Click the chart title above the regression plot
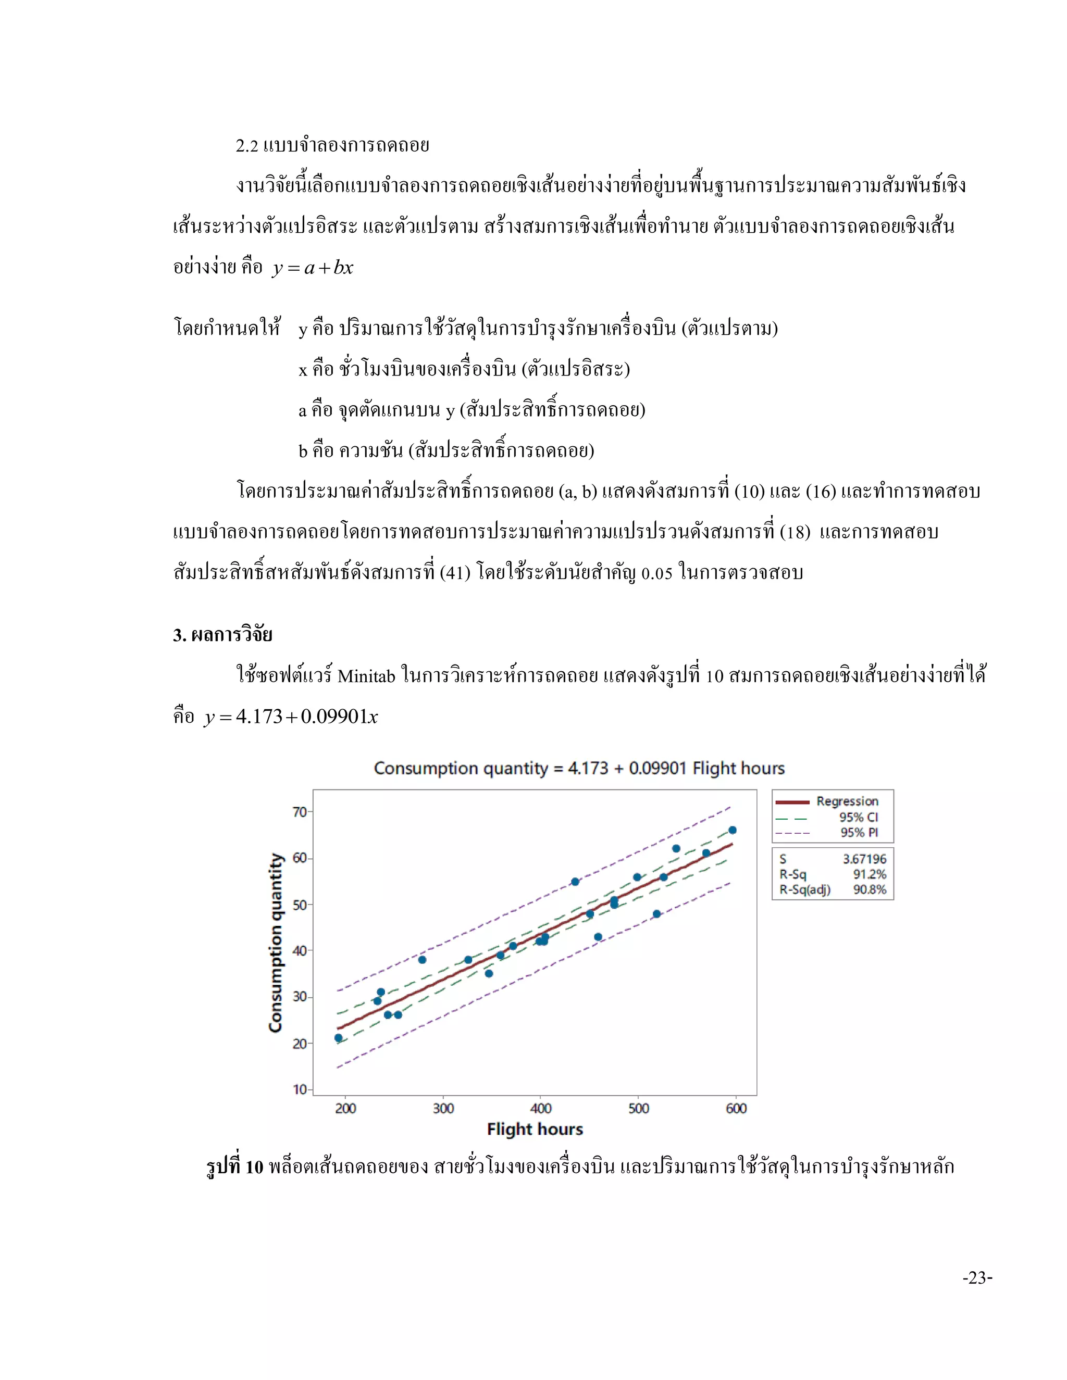tap(579, 768)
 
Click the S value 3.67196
tap(864, 859)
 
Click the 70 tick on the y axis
tap(300, 812)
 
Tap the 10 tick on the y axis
tap(300, 1089)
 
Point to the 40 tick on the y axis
tap(300, 951)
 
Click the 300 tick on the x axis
tap(443, 1108)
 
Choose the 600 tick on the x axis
tap(736, 1108)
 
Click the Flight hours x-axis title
tap(535, 1129)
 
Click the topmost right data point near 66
tap(732, 830)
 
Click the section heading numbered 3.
tap(222, 635)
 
